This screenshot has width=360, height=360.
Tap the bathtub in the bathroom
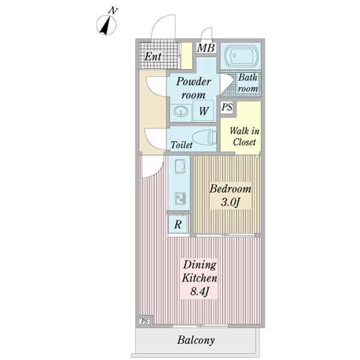tap(241, 56)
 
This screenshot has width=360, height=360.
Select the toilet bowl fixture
tap(204, 137)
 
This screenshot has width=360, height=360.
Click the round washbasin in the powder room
tap(181, 112)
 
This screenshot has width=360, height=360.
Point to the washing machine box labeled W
tap(204, 110)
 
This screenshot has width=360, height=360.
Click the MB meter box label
tap(206, 48)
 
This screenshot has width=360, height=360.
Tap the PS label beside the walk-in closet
tap(227, 107)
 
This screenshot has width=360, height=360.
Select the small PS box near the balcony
tap(145, 321)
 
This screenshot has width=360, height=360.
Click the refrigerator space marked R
tap(178, 224)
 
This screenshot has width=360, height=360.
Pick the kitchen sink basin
tap(180, 166)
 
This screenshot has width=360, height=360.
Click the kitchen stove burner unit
tap(180, 199)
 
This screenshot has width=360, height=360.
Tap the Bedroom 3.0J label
tap(230, 196)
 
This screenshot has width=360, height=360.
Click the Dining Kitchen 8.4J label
tap(199, 278)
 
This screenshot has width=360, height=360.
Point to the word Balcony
tap(196, 340)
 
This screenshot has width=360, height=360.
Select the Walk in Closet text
tap(244, 136)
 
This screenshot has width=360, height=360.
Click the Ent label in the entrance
tap(153, 56)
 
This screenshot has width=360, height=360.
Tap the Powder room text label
tap(193, 88)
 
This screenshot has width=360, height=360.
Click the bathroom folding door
tap(227, 84)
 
